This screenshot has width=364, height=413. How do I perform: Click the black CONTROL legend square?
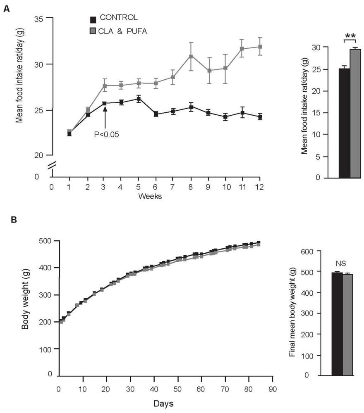pyautogui.click(x=93, y=19)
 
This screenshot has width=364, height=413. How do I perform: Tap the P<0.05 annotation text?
pyautogui.click(x=106, y=134)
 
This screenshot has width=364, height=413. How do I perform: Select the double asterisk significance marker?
pyautogui.click(x=350, y=36)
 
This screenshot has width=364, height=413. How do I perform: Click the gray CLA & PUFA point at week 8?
pyautogui.click(x=191, y=56)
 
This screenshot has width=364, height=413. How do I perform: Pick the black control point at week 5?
pyautogui.click(x=139, y=98)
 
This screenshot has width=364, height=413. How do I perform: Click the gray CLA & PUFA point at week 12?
pyautogui.click(x=260, y=47)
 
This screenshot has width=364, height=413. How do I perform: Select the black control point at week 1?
pyautogui.click(x=69, y=134)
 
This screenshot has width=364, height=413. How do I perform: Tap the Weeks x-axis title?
pyautogui.click(x=150, y=196)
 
